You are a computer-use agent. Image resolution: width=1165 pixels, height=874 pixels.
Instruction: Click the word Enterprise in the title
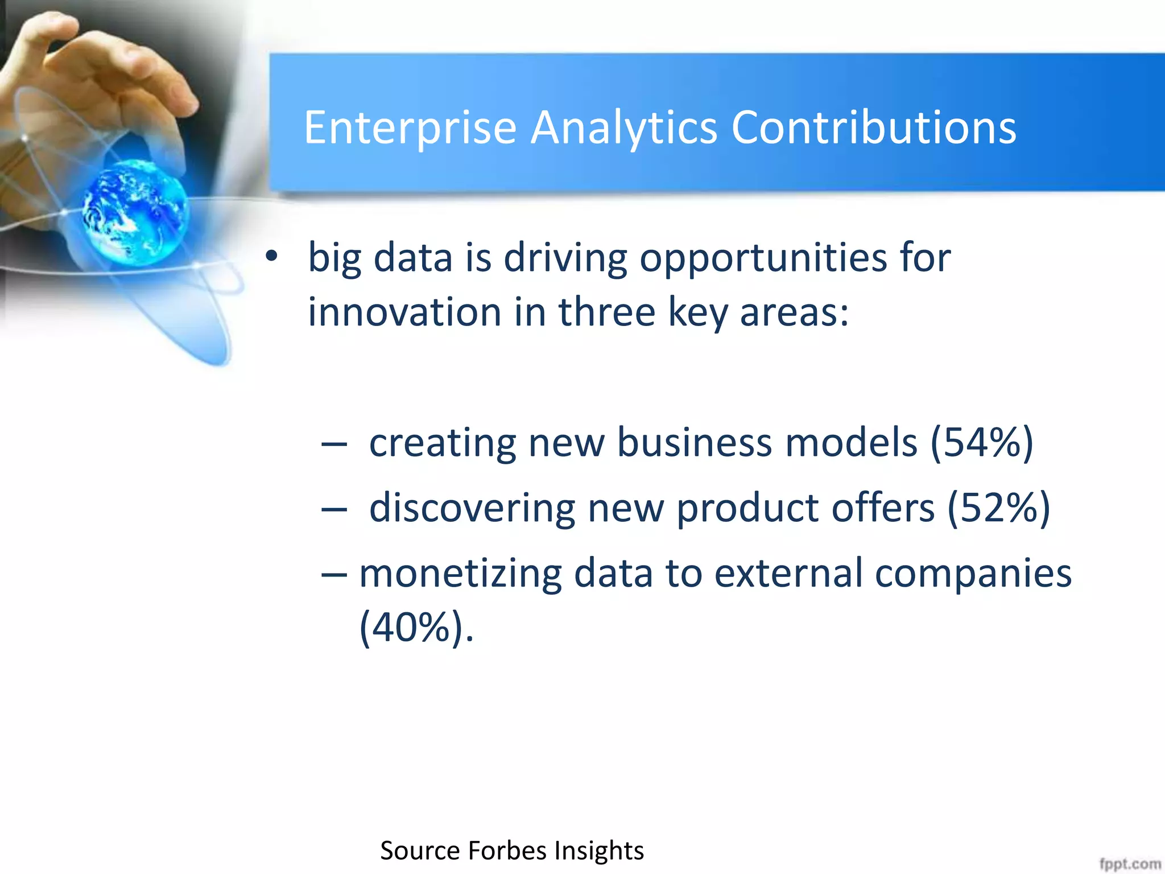(x=410, y=128)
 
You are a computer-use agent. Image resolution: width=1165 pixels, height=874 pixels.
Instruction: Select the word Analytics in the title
(x=623, y=128)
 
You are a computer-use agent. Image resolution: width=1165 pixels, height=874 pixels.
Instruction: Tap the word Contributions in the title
(x=873, y=128)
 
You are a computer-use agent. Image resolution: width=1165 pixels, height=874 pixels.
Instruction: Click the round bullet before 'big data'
(x=272, y=257)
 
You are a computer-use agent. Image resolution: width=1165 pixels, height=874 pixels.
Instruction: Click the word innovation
(x=404, y=312)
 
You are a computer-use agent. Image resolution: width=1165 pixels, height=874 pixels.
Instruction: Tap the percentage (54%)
(x=982, y=443)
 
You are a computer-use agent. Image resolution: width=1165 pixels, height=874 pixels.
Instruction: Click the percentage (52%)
(x=998, y=508)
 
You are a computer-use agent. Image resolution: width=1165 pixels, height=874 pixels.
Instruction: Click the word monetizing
(x=460, y=573)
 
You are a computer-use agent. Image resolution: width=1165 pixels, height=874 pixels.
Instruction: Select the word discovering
(x=472, y=508)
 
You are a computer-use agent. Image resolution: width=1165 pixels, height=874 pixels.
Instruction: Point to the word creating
(x=442, y=443)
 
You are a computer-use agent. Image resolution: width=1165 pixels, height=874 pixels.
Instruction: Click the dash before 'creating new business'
(x=334, y=444)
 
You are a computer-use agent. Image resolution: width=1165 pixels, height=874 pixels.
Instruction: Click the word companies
(x=973, y=573)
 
